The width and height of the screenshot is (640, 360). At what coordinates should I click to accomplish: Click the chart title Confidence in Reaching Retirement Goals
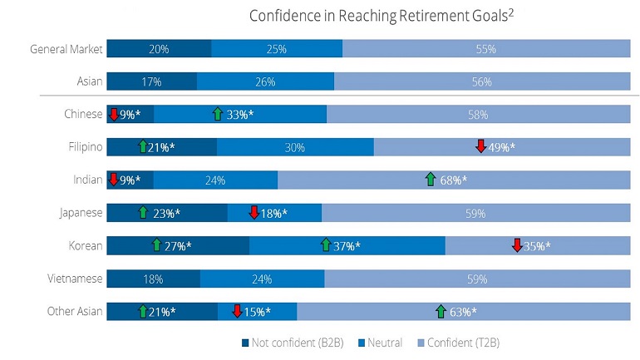tap(382, 16)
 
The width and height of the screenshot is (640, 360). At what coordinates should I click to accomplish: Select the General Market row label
tap(66, 49)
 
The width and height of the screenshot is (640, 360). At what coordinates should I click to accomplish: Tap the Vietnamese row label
tap(75, 279)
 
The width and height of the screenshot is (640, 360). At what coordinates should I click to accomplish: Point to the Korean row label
tap(86, 246)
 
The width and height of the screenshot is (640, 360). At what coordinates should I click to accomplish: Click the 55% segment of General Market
tap(486, 48)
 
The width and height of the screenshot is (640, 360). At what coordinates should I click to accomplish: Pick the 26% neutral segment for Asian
tap(265, 81)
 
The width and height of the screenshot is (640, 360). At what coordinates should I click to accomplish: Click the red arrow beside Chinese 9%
tap(114, 114)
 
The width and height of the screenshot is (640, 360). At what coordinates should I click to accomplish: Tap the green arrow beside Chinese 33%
tap(218, 114)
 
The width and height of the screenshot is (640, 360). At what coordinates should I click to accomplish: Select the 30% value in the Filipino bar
tap(295, 147)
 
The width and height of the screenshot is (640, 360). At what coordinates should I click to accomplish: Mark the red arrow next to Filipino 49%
tap(480, 145)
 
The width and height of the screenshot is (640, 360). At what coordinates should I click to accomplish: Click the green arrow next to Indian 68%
tap(431, 179)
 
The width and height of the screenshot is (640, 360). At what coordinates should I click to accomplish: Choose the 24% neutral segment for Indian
tap(215, 180)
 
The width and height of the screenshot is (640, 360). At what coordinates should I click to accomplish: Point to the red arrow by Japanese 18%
tap(254, 212)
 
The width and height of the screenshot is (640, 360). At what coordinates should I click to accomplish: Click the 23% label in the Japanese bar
tap(166, 213)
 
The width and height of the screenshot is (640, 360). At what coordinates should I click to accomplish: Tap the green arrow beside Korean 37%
tap(326, 245)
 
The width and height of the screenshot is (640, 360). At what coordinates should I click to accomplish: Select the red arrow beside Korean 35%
tap(517, 245)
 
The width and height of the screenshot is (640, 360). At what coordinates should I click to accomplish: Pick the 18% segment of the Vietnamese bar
tap(154, 279)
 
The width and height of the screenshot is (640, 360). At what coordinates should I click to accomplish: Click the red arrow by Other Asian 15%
tap(237, 311)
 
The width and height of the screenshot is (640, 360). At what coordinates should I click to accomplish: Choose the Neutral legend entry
tap(381, 343)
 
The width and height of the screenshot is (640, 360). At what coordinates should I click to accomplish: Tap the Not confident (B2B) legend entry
tap(293, 343)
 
